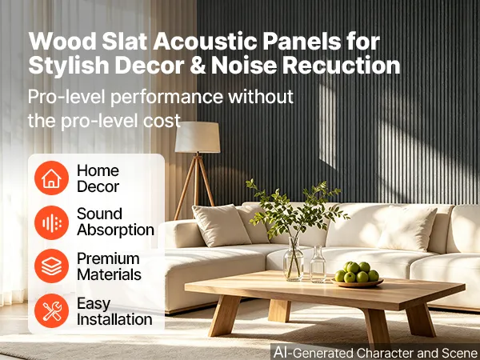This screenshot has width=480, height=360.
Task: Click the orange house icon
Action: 51,178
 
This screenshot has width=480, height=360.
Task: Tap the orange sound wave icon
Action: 51,222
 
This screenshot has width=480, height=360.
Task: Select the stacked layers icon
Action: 51,266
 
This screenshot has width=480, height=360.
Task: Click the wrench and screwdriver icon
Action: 51,310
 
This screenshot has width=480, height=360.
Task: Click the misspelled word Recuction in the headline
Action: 341,65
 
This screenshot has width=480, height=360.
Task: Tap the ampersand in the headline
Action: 198,66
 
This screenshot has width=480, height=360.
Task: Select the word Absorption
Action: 115,230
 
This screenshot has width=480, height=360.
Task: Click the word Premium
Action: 108,258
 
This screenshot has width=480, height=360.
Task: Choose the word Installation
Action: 114,319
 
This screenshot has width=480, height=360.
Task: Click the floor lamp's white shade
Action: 198,137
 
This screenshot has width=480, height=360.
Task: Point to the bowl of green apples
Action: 357,274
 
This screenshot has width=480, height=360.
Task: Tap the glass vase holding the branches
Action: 294,259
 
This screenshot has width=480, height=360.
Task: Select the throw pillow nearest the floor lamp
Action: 222,225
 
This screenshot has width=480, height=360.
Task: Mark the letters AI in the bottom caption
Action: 282,352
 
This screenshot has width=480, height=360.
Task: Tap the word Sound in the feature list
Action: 99,214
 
